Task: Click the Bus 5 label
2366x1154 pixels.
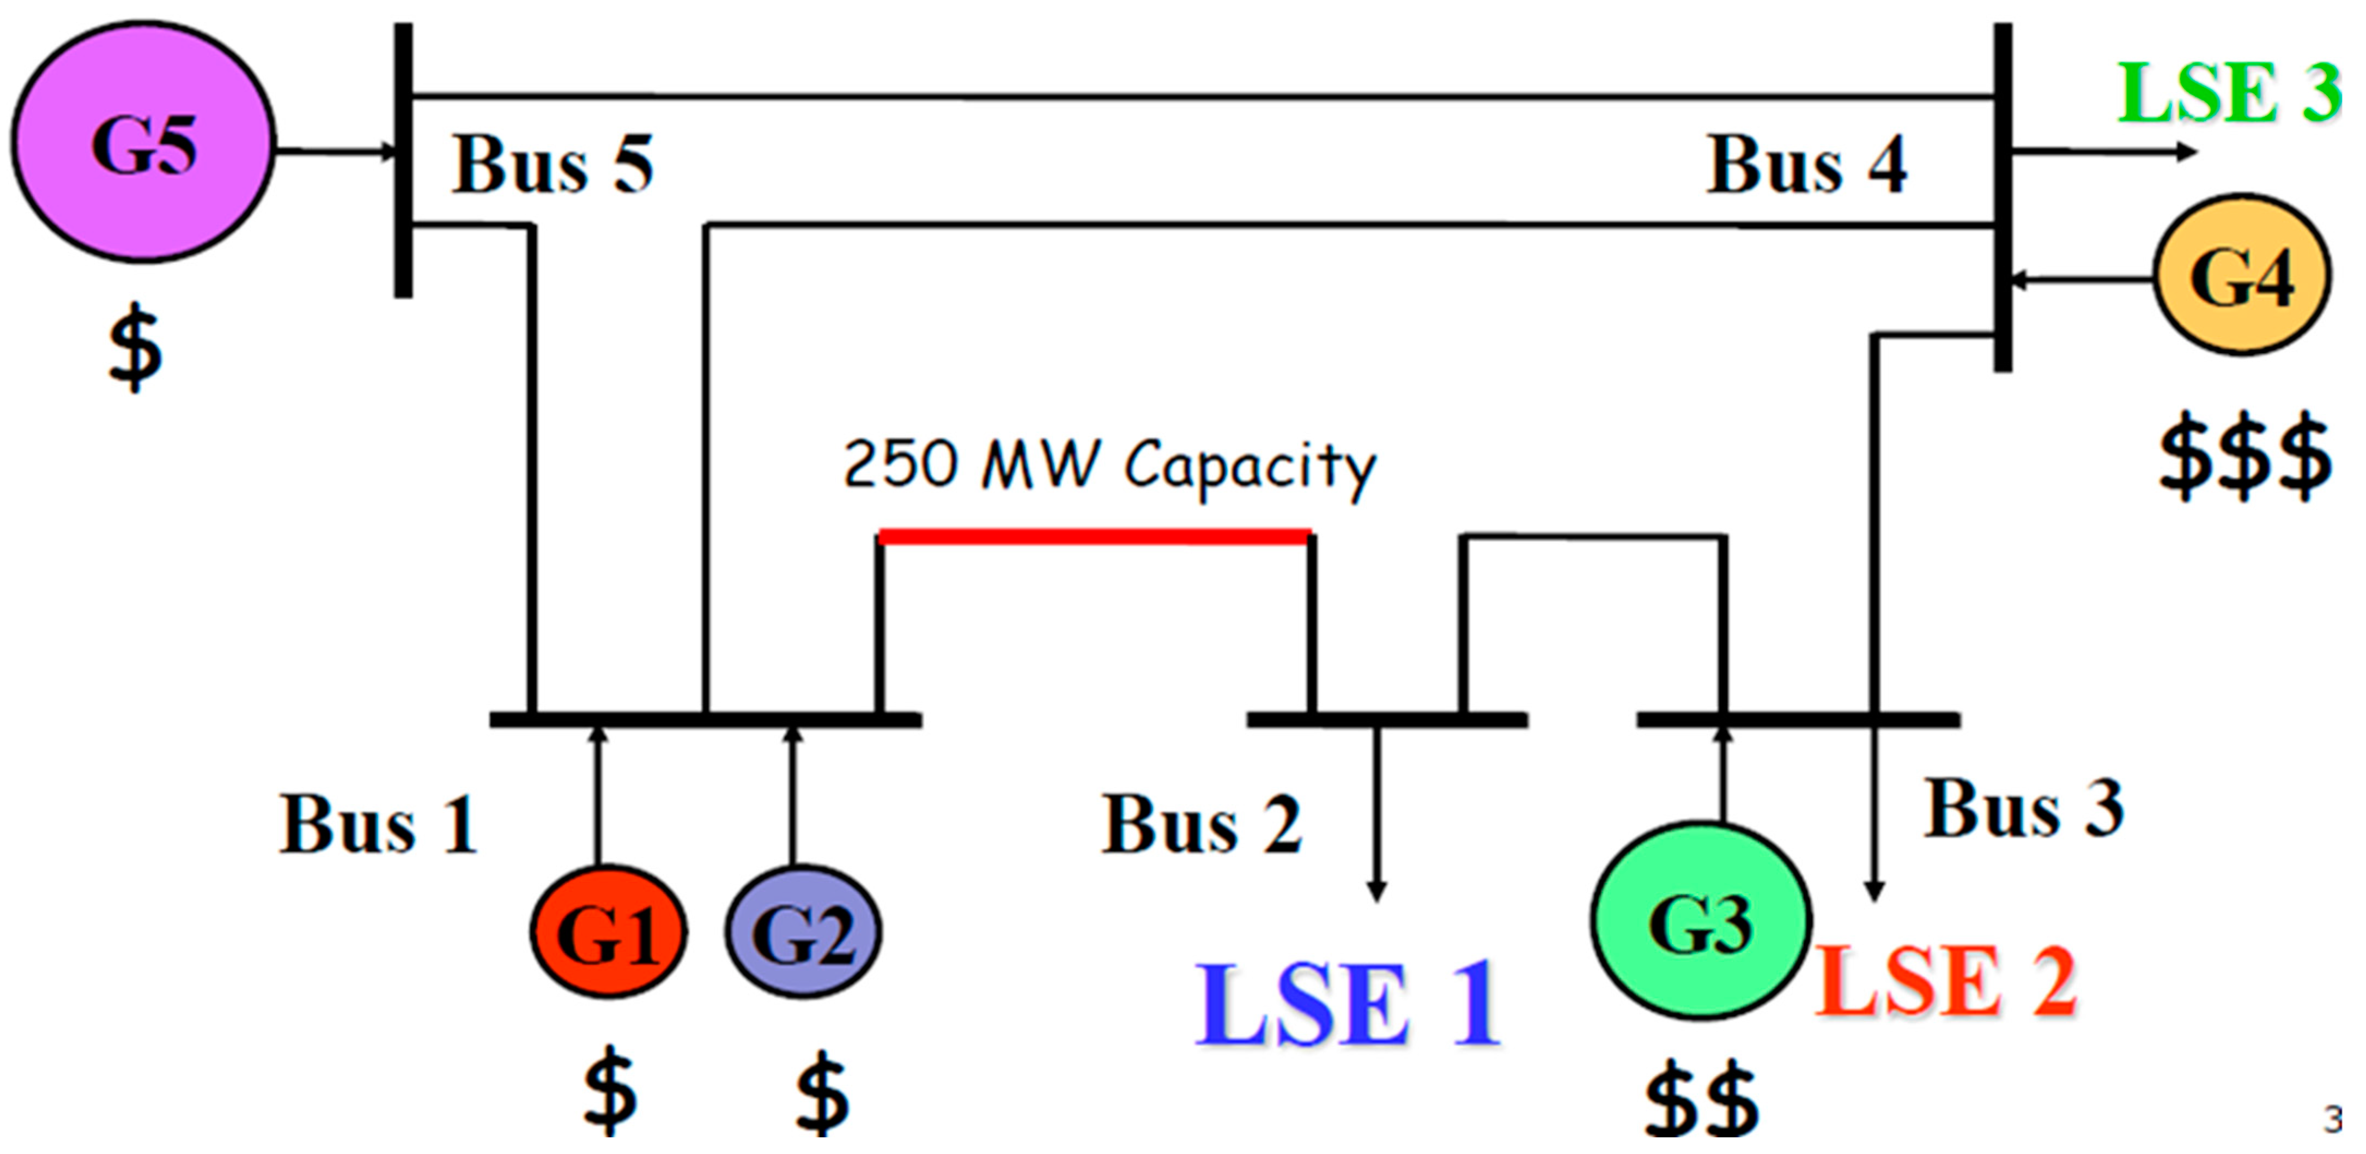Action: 552,165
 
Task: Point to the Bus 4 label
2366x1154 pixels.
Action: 1806,165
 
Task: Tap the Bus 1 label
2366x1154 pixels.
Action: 378,824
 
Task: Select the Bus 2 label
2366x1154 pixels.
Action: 1202,824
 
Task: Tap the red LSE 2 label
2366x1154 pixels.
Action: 1945,981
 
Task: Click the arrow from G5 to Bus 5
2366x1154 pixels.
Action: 335,150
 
